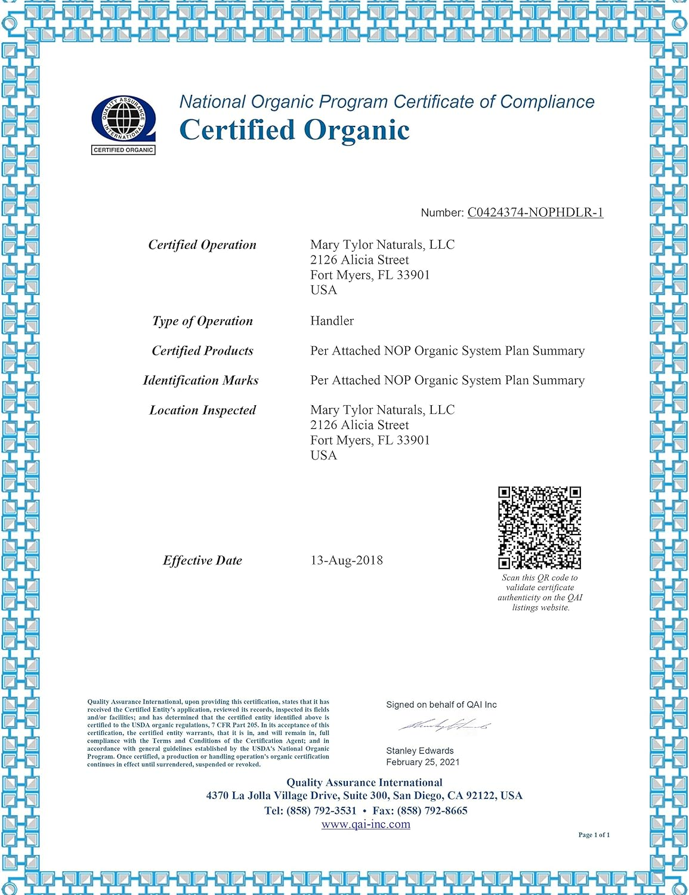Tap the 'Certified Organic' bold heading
pyautogui.click(x=295, y=130)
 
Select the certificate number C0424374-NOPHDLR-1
pyautogui.click(x=535, y=212)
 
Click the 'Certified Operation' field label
pyautogui.click(x=202, y=245)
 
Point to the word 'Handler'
pyautogui.click(x=332, y=321)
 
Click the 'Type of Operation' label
pyautogui.click(x=202, y=321)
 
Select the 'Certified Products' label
pyautogui.click(x=202, y=351)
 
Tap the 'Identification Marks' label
pyautogui.click(x=200, y=380)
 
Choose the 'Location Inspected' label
pyautogui.click(x=202, y=410)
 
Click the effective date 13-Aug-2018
pyautogui.click(x=347, y=560)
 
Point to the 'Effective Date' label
pyautogui.click(x=202, y=560)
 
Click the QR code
pyautogui.click(x=539, y=527)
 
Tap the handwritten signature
pyautogui.click(x=444, y=726)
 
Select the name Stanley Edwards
pyautogui.click(x=419, y=751)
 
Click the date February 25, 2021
pyautogui.click(x=422, y=762)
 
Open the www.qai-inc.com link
pyautogui.click(x=366, y=824)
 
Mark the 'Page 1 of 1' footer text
pyautogui.click(x=594, y=835)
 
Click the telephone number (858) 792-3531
pyautogui.click(x=321, y=810)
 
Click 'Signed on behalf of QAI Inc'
pyautogui.click(x=441, y=705)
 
